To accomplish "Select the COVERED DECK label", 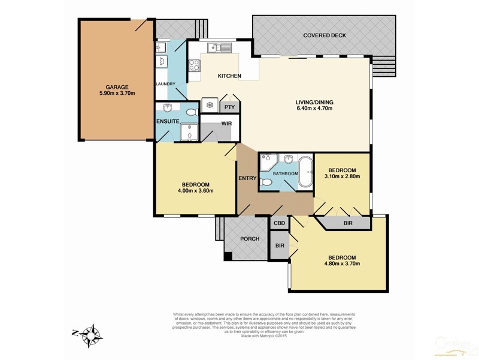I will pos(325,35).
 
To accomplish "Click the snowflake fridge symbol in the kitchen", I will pos(210,104).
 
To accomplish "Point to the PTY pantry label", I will pos(229,107).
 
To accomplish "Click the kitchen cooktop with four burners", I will pos(195,65).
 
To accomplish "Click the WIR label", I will pos(227,123).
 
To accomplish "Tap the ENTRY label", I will pos(247,178).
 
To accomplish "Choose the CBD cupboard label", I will pos(279,223).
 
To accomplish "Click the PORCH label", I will pos(249,239).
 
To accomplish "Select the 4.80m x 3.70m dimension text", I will pos(342,263).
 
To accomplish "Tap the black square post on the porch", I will pos(228,257).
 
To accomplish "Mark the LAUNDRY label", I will pos(165,84).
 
